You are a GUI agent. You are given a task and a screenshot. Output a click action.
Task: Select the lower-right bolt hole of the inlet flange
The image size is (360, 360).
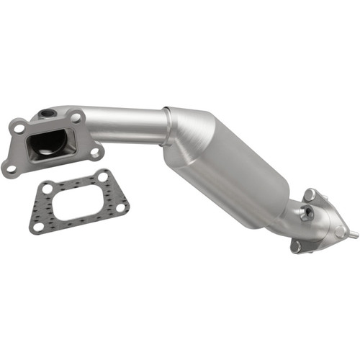click(x=94, y=152)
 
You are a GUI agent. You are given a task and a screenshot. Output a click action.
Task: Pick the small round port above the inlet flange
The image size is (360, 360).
click(x=48, y=113)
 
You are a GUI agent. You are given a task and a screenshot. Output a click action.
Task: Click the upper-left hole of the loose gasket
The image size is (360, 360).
click(x=47, y=189)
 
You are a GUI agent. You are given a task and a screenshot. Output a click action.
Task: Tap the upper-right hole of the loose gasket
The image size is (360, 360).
click(x=104, y=176)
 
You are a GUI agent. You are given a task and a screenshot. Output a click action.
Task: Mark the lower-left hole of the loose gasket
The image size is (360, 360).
click(x=37, y=227)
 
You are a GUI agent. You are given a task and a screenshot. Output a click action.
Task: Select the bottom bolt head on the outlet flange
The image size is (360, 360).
click(x=295, y=246)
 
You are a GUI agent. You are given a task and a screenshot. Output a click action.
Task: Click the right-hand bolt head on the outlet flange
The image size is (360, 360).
click(x=339, y=232)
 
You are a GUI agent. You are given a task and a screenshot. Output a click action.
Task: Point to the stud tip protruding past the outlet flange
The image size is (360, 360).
click(x=355, y=235)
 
